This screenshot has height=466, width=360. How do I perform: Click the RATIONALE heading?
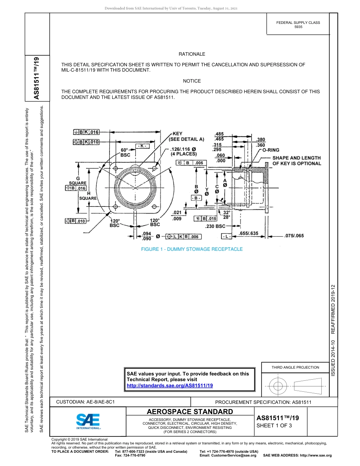[x=192, y=54]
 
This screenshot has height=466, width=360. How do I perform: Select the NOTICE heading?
[x=192, y=81]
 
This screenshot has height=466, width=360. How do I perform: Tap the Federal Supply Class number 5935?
[x=298, y=27]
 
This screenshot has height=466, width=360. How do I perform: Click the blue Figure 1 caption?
[x=192, y=249]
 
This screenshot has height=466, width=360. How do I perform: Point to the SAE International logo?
[x=88, y=421]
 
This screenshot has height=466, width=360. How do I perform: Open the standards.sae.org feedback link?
[x=169, y=385]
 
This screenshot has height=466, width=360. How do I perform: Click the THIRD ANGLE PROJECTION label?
[x=295, y=367]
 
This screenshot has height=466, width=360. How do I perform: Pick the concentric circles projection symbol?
[x=278, y=386]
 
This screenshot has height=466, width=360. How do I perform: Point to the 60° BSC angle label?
[x=125, y=152]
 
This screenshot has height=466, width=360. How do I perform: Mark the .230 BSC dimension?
[x=215, y=226]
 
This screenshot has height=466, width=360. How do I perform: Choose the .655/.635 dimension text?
[x=249, y=233]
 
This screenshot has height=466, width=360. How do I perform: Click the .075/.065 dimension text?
[x=294, y=236]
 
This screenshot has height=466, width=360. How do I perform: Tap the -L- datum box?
[x=226, y=236]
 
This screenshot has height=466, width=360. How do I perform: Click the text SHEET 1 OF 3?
[x=274, y=425]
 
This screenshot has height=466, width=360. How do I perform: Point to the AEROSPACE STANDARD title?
[x=190, y=412]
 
